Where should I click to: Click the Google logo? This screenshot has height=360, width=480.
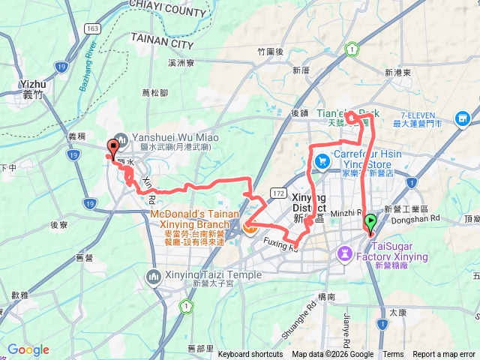28,349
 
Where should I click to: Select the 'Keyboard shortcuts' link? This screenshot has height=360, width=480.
251,355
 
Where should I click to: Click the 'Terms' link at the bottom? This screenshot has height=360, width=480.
393,355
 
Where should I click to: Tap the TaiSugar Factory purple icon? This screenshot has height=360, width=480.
344,253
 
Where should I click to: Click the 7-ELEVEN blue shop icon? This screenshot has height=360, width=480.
462,117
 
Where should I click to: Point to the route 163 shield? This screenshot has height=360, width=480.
92,28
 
